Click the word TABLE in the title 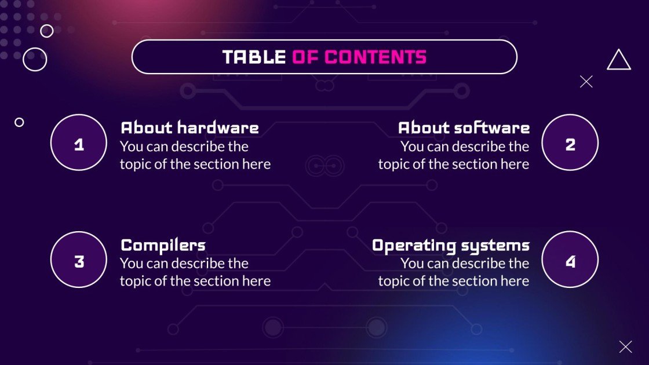point(254,57)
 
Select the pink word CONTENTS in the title point(375,57)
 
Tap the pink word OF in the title point(305,57)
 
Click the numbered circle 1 point(79,143)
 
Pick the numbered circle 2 point(570,143)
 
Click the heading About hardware point(189,127)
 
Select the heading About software point(464,127)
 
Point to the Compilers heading point(163,245)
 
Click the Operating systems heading point(450,245)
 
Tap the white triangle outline point(618,61)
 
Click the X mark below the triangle point(586,82)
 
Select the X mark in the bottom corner point(625,347)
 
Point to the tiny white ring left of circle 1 point(19,122)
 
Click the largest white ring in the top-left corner point(35,59)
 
